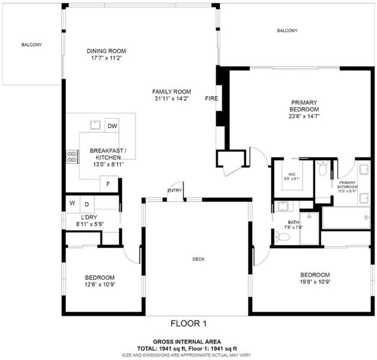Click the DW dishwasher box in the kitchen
pyautogui.click(x=112, y=125)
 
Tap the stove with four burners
pyautogui.click(x=72, y=157)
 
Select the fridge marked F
pyautogui.click(x=109, y=184)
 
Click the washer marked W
pyautogui.click(x=73, y=204)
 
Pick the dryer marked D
pyautogui.click(x=87, y=204)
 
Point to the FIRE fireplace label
pyautogui.click(x=211, y=98)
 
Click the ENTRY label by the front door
pyautogui.click(x=175, y=191)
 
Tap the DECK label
pyautogui.click(x=198, y=259)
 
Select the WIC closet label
pyautogui.click(x=292, y=174)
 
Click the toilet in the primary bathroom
pyautogui.click(x=322, y=168)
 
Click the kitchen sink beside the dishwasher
pyautogui.click(x=95, y=125)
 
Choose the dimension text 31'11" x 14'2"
pyautogui.click(x=172, y=98)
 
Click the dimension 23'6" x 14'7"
pyautogui.click(x=304, y=116)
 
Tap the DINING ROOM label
pyautogui.click(x=106, y=51)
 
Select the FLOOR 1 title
pyautogui.click(x=188, y=323)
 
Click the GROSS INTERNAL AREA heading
pyautogui.click(x=187, y=342)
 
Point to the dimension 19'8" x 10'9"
pyautogui.click(x=315, y=281)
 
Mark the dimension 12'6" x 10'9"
pyautogui.click(x=100, y=284)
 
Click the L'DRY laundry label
pyautogui.click(x=89, y=217)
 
